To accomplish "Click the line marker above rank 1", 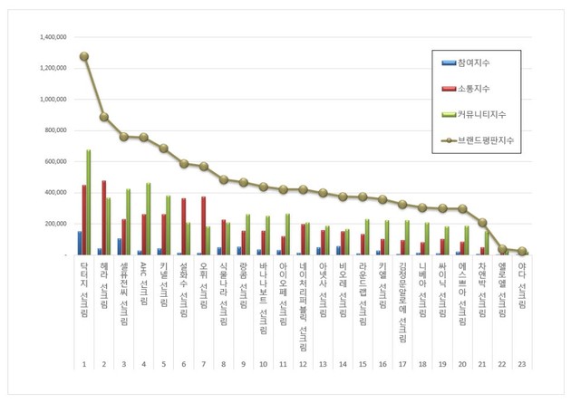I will coord(84,56).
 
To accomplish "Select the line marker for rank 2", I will coord(104,117).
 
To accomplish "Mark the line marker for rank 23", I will coord(523,252).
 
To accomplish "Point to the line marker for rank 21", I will coord(483,222).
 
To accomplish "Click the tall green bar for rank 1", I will coord(89,202).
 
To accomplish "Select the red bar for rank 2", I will coord(104,217).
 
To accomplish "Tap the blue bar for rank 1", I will coord(80,243).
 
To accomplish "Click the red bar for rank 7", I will coord(204,225).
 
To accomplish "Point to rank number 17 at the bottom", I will coord(403,363).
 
